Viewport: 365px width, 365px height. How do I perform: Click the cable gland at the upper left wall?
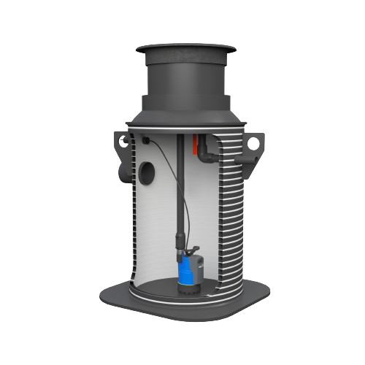[146, 139]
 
